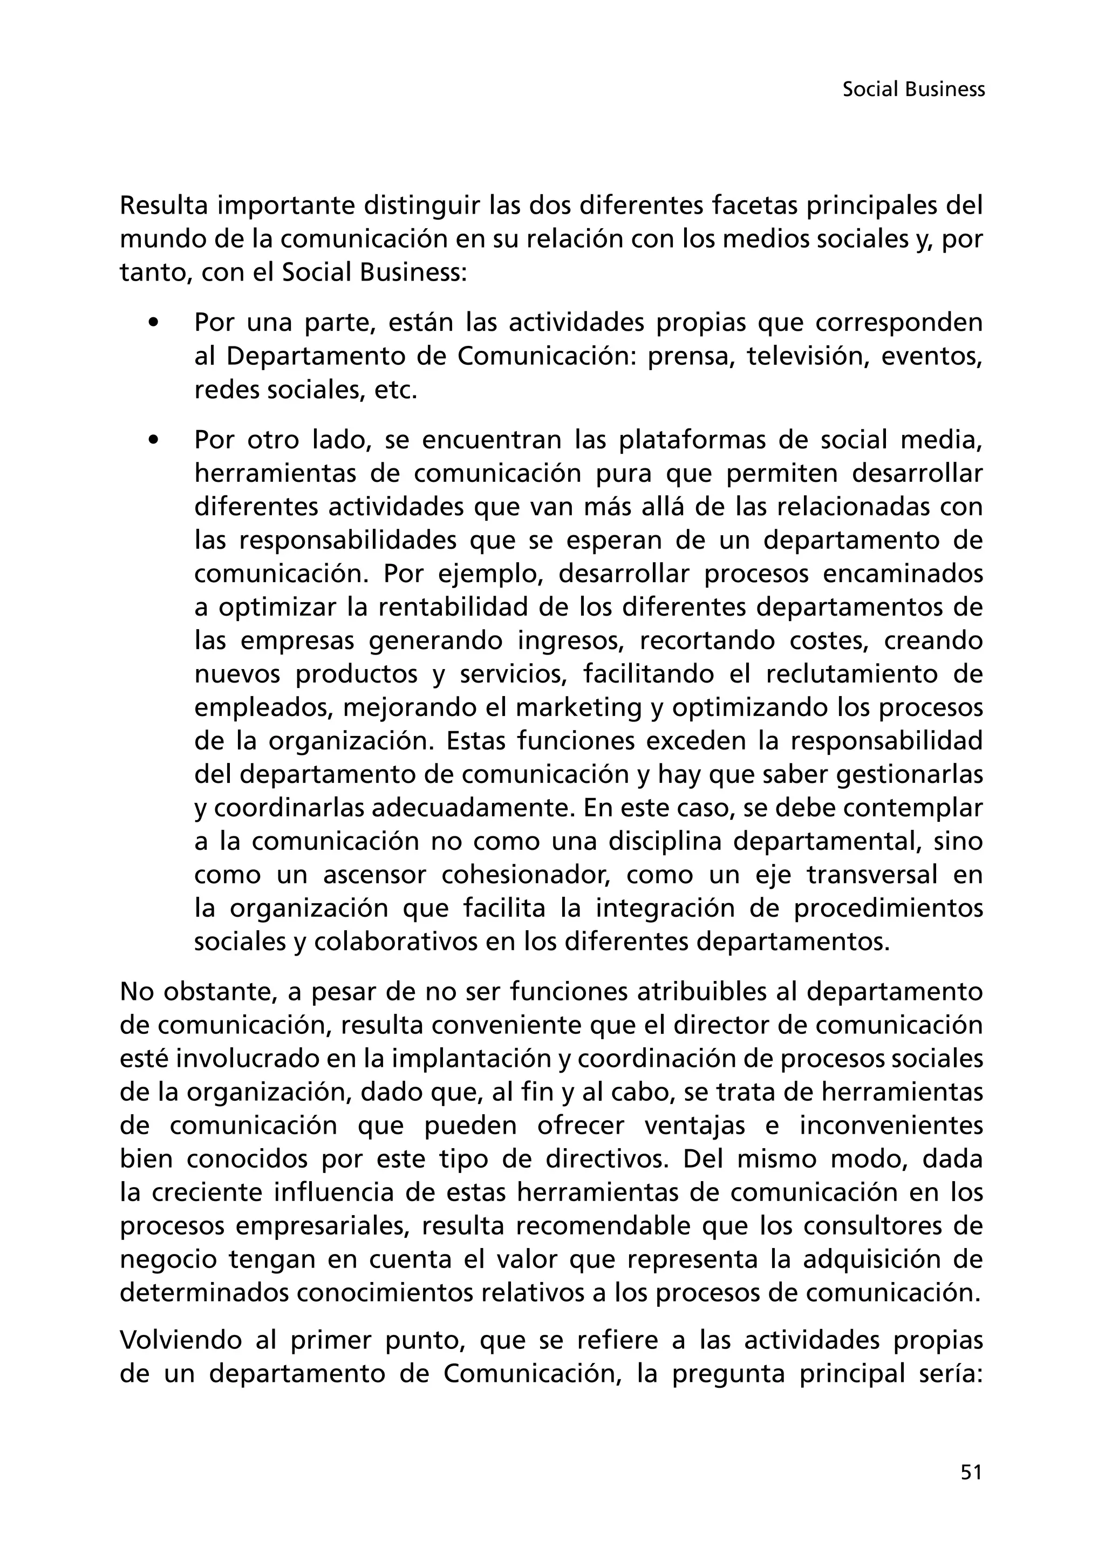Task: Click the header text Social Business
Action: point(913,90)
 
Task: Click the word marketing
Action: point(578,707)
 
